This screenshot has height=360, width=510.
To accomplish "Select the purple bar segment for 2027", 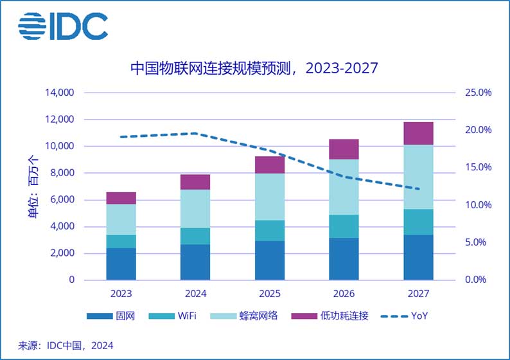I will tap(418, 133).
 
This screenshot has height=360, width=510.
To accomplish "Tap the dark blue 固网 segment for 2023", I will tap(121, 264).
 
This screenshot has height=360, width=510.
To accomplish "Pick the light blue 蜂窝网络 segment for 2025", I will tap(270, 197).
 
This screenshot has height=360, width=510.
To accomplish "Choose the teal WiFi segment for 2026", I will tap(344, 226).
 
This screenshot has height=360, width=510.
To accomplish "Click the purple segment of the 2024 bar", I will tap(195, 182).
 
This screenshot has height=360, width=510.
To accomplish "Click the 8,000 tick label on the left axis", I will tap(63, 173).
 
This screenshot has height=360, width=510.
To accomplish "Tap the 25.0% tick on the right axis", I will tap(477, 93).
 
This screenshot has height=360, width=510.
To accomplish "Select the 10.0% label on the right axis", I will tap(477, 205).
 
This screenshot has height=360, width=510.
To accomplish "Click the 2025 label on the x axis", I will tap(270, 293).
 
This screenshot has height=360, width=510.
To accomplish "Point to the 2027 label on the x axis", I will tap(418, 293).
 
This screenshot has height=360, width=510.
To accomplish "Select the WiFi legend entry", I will tap(173, 316).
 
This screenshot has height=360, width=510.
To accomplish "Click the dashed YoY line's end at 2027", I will tap(418, 189).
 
